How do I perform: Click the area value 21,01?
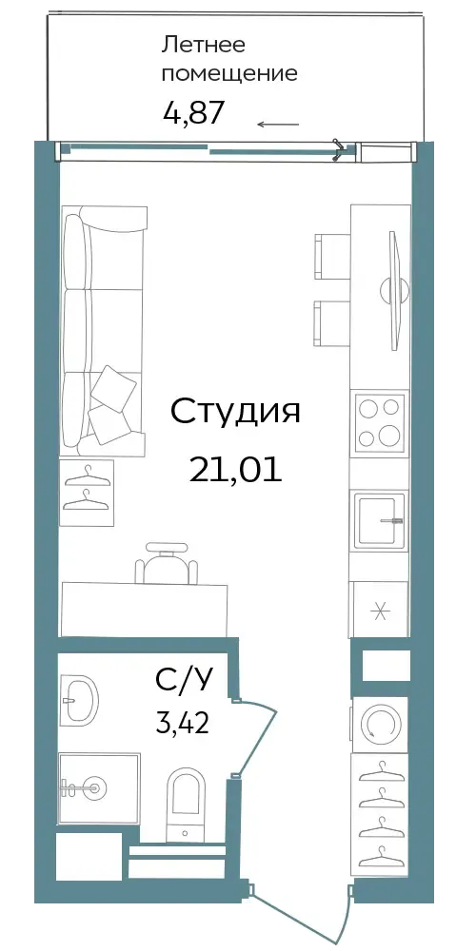point(235,469)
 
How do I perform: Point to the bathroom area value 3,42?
point(183,724)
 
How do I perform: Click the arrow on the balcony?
point(278,125)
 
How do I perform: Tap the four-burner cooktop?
point(380,421)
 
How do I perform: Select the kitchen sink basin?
point(380,520)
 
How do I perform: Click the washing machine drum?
point(380,724)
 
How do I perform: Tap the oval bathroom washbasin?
point(80,699)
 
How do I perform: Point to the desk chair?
point(167,563)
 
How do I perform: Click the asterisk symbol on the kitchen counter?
point(380,611)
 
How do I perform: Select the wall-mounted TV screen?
point(396,289)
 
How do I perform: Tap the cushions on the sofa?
point(112,403)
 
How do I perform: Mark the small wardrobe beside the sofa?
point(87,493)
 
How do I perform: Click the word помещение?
point(231,74)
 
